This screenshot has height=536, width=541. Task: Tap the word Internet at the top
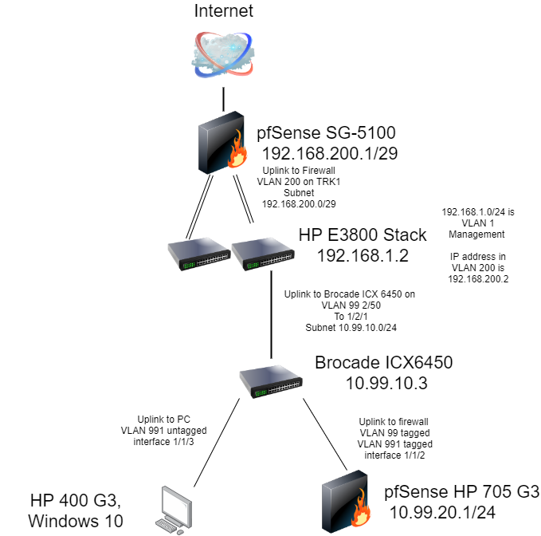click(223, 10)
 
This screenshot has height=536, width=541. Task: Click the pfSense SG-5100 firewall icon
click(221, 146)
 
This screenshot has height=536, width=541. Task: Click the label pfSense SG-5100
click(326, 132)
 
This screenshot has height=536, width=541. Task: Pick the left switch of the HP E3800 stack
click(196, 253)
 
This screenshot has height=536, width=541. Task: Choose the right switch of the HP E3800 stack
click(260, 253)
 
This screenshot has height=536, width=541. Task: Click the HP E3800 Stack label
click(362, 235)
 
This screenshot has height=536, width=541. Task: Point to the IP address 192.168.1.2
click(363, 255)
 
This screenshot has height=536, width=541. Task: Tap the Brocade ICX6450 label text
click(383, 363)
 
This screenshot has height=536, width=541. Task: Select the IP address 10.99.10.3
click(386, 383)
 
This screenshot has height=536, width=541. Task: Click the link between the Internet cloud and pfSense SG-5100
click(223, 100)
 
